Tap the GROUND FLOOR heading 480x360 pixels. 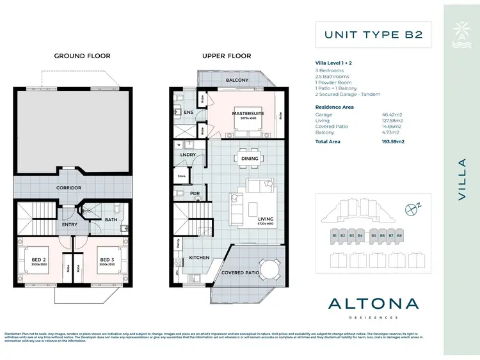click(x=82, y=56)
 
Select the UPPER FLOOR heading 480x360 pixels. click(x=227, y=56)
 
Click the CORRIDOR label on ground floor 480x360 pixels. click(x=68, y=188)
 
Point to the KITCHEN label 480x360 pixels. click(x=199, y=258)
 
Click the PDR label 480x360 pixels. click(x=195, y=193)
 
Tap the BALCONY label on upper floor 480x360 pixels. click(x=237, y=80)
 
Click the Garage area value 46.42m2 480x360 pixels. click(x=392, y=114)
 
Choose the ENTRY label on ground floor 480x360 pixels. click(x=69, y=224)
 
